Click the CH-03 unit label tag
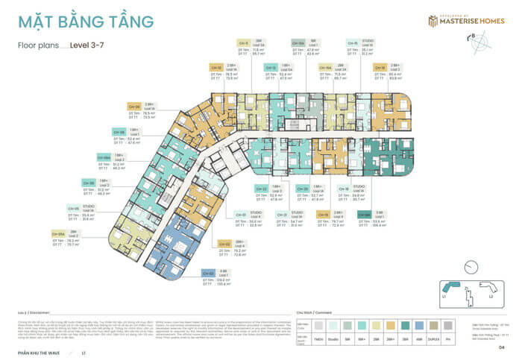(x=208, y=273)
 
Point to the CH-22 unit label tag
(x=260, y=188)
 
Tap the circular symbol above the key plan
(x=469, y=267)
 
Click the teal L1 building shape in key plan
(x=452, y=287)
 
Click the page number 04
(x=501, y=347)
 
